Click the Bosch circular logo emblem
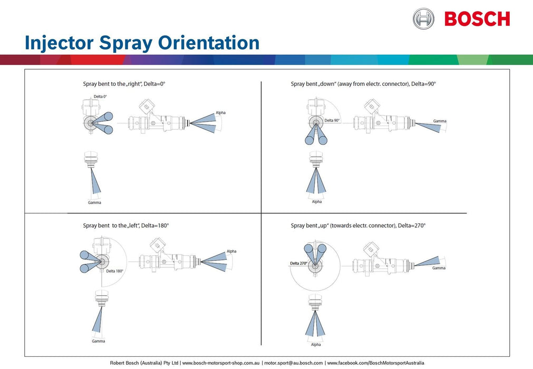coord(423,18)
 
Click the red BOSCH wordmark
coord(477,19)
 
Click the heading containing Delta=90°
coord(363,84)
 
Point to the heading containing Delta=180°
coord(125,226)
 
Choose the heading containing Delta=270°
coord(358,226)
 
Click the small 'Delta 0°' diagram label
coord(100,96)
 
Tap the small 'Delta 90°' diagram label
coord(332,121)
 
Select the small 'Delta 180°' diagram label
coord(114,271)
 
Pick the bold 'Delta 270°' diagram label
coord(298,263)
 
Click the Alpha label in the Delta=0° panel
coord(220,113)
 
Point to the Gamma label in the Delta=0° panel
coord(94,202)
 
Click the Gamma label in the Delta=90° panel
coord(440,121)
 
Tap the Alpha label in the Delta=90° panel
coord(316,201)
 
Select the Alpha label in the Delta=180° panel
coord(231,251)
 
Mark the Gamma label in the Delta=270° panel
coord(439,268)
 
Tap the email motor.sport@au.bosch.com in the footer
coord(293,363)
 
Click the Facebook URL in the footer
coord(375,363)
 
